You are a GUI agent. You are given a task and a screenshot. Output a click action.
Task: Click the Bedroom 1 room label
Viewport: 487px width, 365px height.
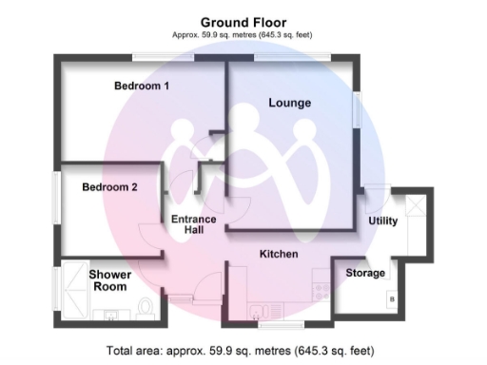[142, 86]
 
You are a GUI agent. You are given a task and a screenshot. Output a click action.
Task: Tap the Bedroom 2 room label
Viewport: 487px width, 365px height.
[109, 187]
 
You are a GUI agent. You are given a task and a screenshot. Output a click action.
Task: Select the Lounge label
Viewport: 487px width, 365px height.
[290, 102]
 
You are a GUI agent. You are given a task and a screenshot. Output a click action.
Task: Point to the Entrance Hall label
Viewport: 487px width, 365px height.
[193, 224]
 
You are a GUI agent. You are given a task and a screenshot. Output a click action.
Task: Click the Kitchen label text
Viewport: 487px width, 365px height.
[280, 255]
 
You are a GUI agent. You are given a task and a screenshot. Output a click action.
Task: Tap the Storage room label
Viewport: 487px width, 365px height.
[365, 274]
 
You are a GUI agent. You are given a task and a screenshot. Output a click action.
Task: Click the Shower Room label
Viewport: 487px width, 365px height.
[110, 280]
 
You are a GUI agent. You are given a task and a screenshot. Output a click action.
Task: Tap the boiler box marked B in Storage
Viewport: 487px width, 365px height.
[392, 302]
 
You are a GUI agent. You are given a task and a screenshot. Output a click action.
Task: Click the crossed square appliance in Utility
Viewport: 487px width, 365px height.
[415, 206]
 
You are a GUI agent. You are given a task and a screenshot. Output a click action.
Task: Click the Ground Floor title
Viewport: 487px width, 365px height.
[243, 21]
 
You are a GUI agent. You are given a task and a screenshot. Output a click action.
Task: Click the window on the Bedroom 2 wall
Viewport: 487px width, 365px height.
[57, 197]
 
